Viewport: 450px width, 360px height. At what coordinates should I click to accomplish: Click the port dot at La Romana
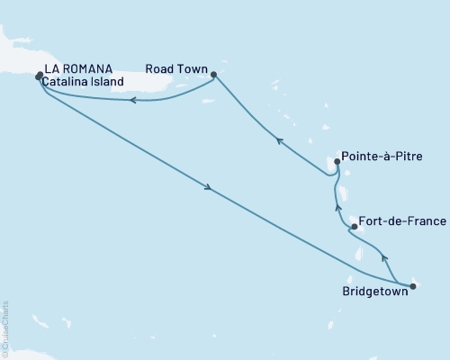tap(39, 76)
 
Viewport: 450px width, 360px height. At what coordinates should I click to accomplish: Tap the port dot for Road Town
tap(213, 75)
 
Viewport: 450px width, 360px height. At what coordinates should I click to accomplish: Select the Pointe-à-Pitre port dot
tap(337, 162)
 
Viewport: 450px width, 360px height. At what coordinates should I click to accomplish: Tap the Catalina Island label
tap(82, 82)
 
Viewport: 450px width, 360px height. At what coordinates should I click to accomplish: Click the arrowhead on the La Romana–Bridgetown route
tap(209, 188)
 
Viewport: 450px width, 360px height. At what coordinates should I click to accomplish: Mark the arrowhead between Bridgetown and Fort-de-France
tap(386, 258)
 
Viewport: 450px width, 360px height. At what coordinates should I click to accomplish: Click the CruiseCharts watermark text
tap(5, 328)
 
